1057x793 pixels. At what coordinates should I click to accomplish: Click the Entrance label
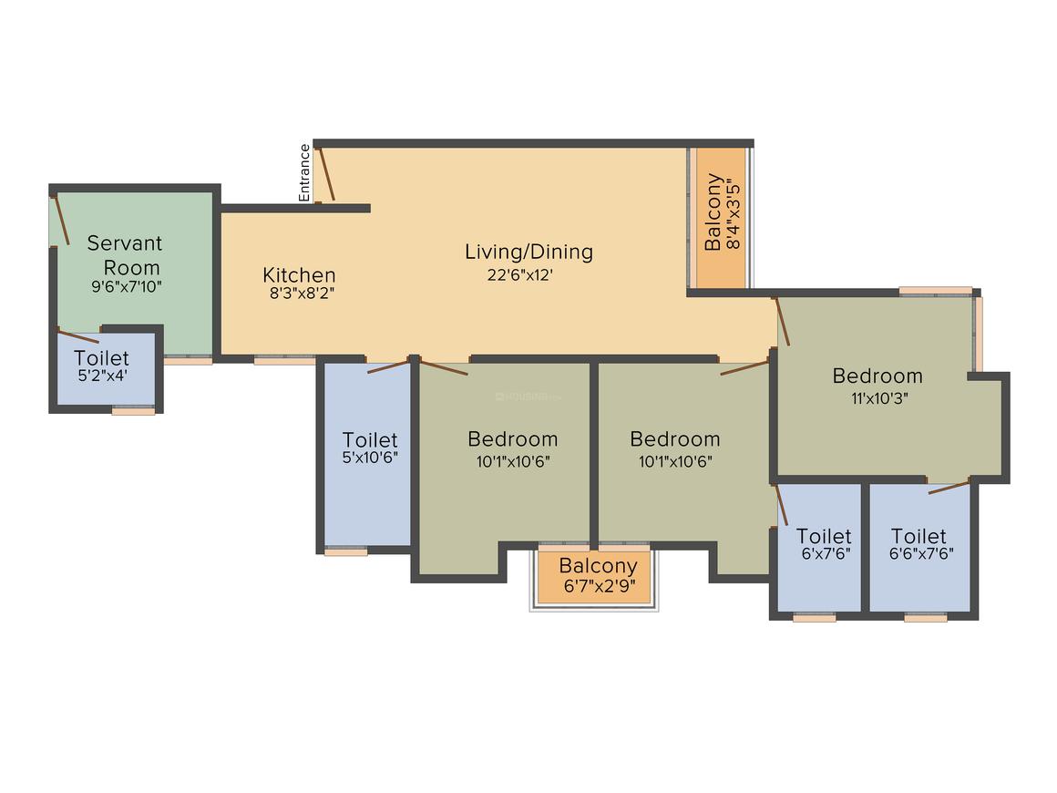tap(304, 172)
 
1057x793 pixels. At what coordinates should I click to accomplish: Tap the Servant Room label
tap(125, 255)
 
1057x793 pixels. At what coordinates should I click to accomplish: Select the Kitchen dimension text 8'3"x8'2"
tap(302, 294)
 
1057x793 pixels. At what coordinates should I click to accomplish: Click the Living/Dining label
tap(529, 252)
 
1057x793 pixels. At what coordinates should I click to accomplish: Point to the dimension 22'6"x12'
tap(519, 275)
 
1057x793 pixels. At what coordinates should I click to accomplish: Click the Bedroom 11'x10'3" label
tap(877, 386)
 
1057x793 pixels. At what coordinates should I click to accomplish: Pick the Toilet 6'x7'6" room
tap(819, 548)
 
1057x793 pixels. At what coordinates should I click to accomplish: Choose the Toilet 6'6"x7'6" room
tap(920, 548)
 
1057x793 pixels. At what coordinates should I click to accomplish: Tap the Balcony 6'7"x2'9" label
tap(599, 574)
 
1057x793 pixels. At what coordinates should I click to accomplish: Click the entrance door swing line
tap(327, 174)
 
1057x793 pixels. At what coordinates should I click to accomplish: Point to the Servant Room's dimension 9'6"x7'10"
tap(127, 286)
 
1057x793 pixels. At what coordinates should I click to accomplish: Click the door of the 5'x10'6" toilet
tap(388, 366)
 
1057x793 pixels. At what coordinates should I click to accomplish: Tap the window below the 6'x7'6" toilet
tap(814, 617)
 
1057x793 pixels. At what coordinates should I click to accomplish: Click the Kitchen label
tap(299, 275)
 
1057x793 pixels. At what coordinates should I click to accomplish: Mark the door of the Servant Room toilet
tap(78, 335)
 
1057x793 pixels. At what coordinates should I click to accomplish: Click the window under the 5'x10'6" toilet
tap(346, 551)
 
